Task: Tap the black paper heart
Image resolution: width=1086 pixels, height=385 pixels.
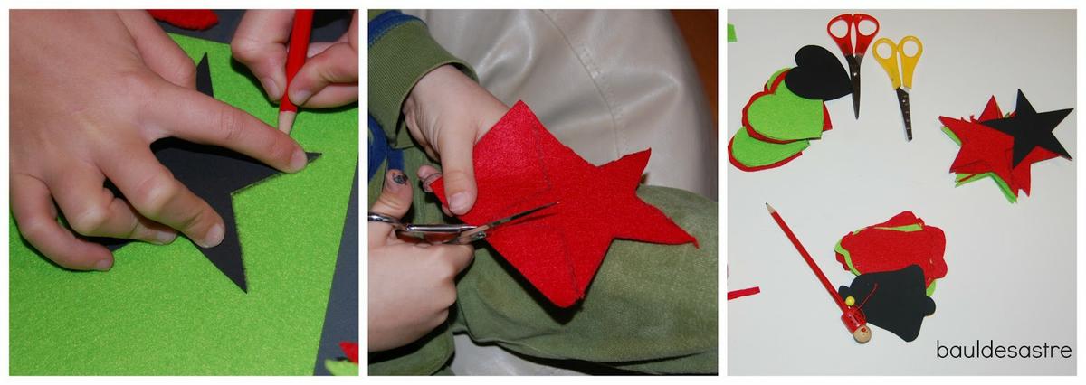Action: [817, 72]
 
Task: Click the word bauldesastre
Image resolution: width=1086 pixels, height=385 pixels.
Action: [1004, 349]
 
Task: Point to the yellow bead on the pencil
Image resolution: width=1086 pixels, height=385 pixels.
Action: [850, 301]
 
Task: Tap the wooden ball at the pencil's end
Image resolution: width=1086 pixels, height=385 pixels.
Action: [862, 334]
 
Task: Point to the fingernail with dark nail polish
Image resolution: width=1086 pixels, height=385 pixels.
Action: [399, 178]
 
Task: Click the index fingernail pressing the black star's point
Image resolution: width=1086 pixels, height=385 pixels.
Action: [298, 161]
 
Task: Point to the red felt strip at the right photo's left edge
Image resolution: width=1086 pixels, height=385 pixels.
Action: [743, 293]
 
